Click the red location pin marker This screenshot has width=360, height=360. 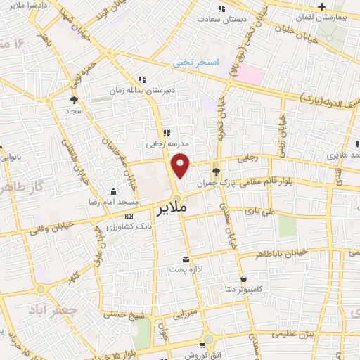(181, 166)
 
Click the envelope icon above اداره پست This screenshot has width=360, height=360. (186, 259)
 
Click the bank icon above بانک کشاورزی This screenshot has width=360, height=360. (129, 216)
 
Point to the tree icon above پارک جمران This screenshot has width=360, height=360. (216, 170)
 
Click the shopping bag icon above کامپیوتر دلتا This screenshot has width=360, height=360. (243, 278)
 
